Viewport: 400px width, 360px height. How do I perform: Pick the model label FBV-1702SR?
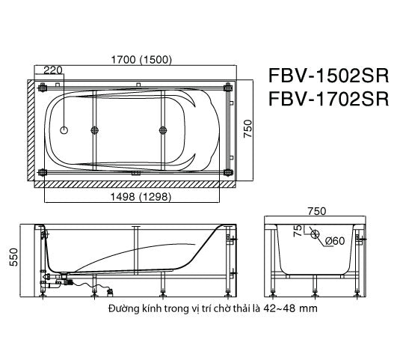[327, 100]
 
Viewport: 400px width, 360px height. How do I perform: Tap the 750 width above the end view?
[317, 212]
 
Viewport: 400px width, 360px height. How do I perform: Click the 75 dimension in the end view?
[297, 231]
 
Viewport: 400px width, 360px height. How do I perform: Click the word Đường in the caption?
[122, 308]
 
